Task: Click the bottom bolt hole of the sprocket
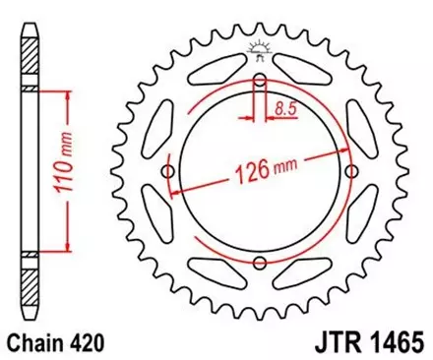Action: coord(260,262)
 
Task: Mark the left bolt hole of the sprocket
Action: coord(169,172)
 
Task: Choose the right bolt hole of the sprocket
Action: coord(350,172)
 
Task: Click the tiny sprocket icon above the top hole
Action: coord(261,47)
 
